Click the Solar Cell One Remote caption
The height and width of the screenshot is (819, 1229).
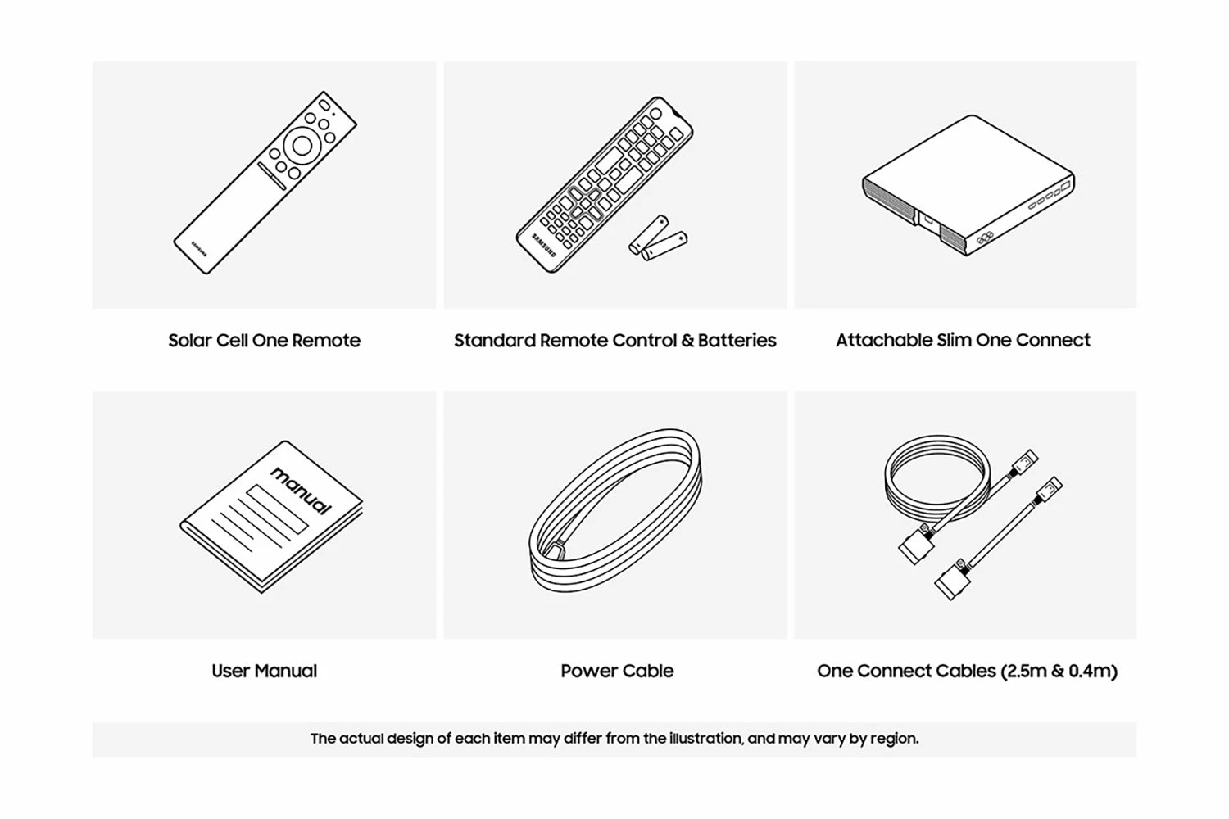tap(264, 341)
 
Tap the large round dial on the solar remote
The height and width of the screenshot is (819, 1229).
tap(302, 145)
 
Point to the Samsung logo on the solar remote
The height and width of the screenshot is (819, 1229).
tap(199, 248)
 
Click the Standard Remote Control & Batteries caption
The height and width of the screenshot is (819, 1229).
tap(615, 341)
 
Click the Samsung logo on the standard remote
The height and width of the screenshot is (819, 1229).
tap(544, 245)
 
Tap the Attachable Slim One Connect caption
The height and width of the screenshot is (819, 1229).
tap(963, 340)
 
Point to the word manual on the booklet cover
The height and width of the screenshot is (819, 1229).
tap(302, 491)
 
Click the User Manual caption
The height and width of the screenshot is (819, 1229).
tap(264, 671)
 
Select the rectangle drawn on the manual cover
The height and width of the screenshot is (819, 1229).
tap(277, 509)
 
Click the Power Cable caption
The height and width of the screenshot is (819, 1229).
tap(617, 671)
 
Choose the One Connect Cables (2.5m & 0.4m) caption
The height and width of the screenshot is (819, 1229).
tap(967, 671)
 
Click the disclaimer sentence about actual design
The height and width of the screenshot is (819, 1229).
tap(614, 739)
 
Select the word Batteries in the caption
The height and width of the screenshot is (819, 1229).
tap(737, 340)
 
